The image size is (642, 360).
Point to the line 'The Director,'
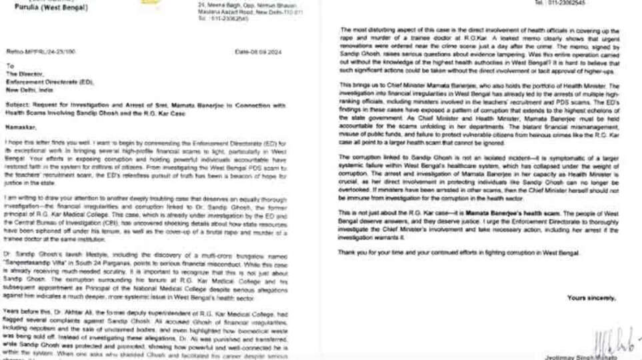21,74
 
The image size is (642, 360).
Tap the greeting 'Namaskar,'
21,127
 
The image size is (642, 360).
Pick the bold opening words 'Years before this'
24,311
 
